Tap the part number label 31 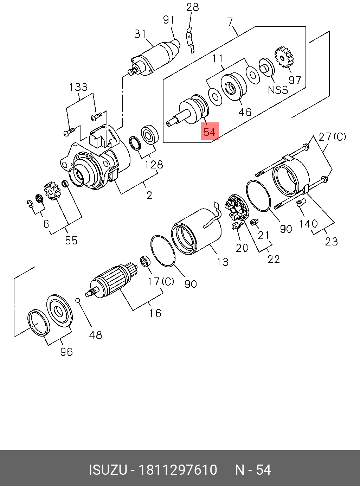[x=140, y=34]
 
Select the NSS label [x=278, y=90]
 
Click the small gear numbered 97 [x=284, y=58]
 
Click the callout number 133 [x=78, y=87]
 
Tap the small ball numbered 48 [x=78, y=300]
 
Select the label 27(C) [x=332, y=136]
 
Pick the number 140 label [x=309, y=224]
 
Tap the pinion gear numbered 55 [x=52, y=191]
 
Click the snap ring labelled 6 [x=30, y=204]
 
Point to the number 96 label [x=66, y=352]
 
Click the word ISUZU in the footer [x=108, y=470]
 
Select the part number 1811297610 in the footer [x=178, y=470]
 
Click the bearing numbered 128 [x=150, y=135]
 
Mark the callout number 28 [x=193, y=7]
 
